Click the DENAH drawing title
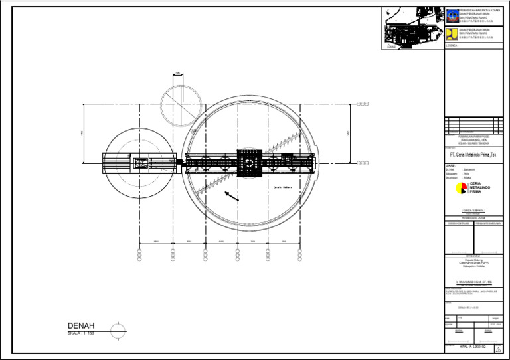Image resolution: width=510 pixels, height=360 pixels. point(81,325)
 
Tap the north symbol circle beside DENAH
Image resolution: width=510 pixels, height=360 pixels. point(118,329)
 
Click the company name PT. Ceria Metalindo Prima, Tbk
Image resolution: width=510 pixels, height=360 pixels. point(471,155)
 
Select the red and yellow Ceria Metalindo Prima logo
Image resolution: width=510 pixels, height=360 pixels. point(461,188)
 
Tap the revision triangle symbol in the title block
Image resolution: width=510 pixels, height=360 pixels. point(498,349)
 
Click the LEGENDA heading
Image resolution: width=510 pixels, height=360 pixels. point(452,46)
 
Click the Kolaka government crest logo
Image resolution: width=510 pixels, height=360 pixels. point(452,15)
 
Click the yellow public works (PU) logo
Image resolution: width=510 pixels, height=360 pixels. point(452,33)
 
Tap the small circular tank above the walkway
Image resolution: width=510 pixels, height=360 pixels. point(178,104)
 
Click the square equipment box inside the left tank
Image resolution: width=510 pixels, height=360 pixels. point(141,163)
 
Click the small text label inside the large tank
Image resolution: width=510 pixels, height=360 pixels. point(283,188)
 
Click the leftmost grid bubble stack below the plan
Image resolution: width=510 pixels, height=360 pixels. point(139,256)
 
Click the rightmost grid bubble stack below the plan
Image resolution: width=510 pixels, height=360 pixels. point(300,256)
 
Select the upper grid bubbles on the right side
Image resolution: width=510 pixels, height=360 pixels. point(363,104)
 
